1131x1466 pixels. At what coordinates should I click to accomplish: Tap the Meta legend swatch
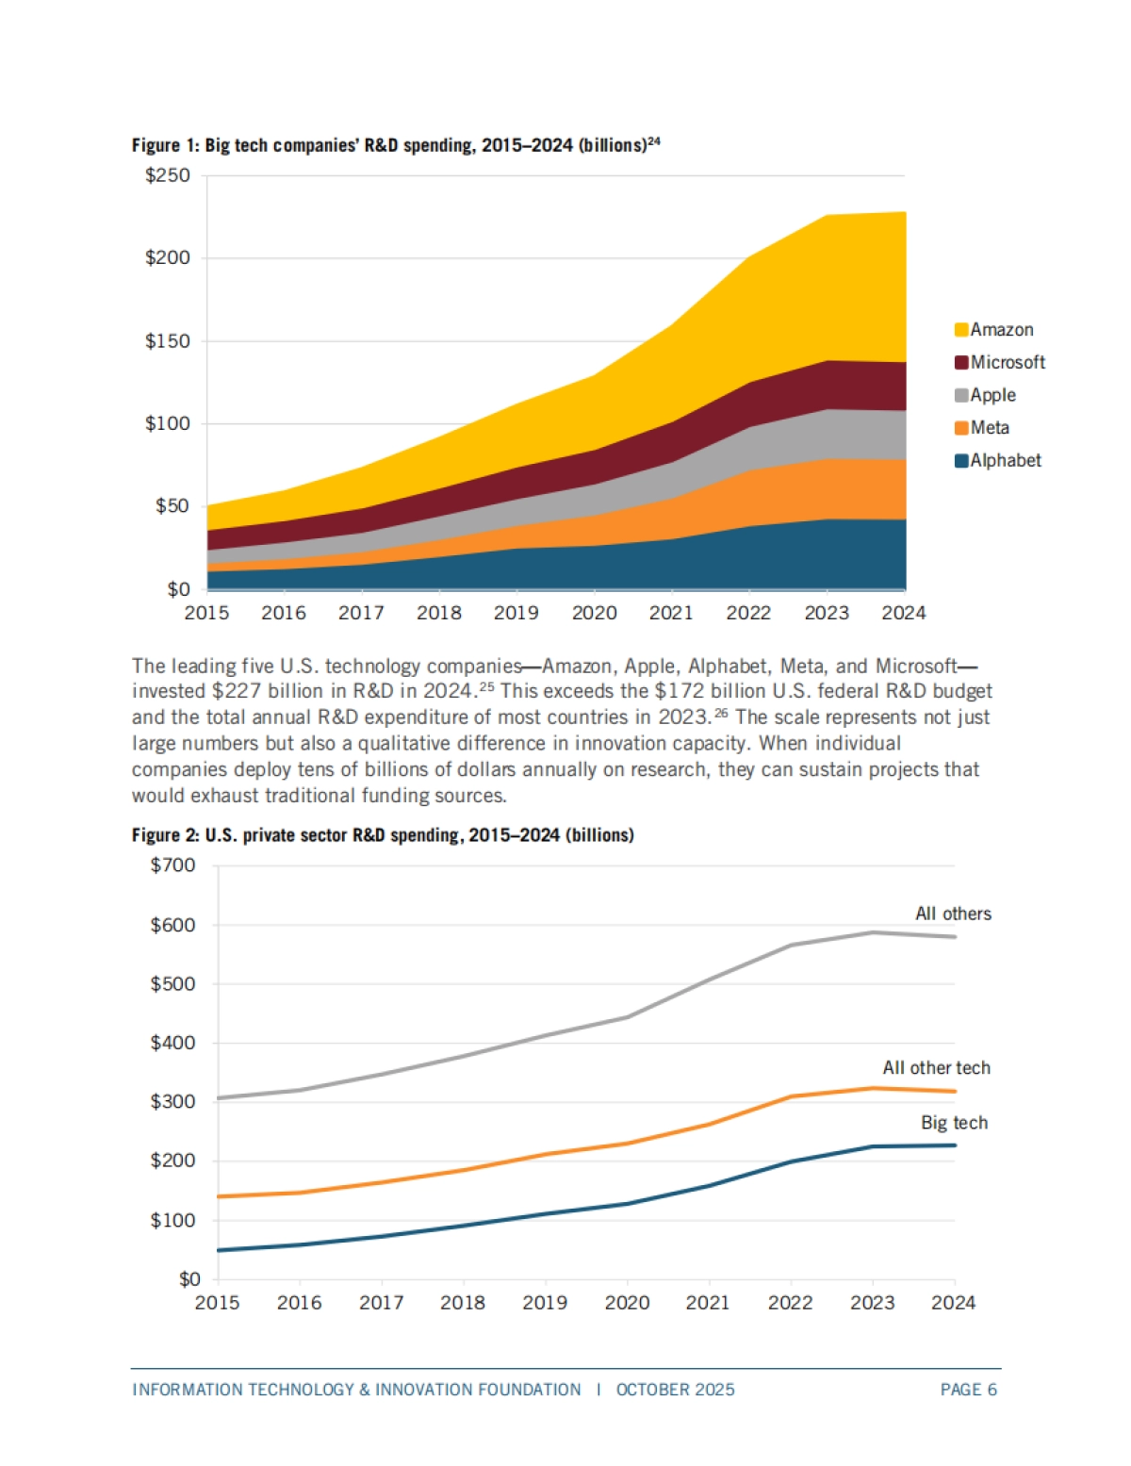pos(961,428)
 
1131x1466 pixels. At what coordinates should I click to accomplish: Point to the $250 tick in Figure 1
pos(168,175)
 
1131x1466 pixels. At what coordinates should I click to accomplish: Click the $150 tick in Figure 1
pos(168,341)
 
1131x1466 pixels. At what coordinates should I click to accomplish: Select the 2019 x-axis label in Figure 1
pos(516,614)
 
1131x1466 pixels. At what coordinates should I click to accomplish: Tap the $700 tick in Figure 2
pos(173,865)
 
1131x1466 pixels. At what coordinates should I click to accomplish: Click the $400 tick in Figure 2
pos(173,1043)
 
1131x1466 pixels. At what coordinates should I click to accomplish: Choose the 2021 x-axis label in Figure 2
pos(708,1303)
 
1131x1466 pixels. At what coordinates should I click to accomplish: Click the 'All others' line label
pos(953,914)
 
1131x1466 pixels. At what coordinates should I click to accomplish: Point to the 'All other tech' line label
pos(936,1068)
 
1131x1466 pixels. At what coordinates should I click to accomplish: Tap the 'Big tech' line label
pos(954,1123)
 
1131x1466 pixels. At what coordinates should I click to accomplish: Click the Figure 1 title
pos(396,145)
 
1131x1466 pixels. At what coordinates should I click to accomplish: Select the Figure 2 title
pos(383,835)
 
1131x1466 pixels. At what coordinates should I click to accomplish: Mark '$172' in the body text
pos(680,691)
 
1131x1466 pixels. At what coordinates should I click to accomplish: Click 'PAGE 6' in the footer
pos(968,1390)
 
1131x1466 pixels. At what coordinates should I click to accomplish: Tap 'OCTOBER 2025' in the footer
pos(675,1390)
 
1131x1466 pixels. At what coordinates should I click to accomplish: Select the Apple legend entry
pos(992,395)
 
